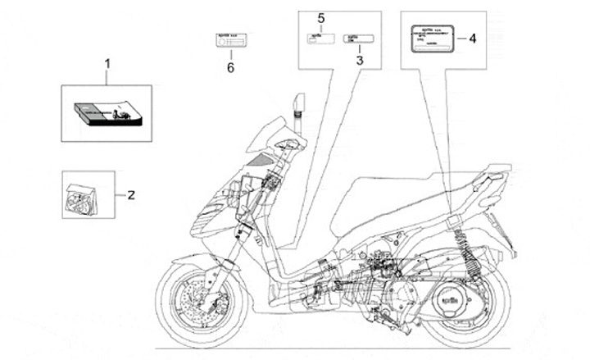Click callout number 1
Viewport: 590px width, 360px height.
(106, 62)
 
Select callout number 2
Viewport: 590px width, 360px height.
(130, 194)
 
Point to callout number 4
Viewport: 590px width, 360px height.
(471, 38)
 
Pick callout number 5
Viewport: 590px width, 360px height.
(321, 17)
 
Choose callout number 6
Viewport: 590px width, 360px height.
(230, 68)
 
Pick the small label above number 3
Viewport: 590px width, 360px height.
(358, 38)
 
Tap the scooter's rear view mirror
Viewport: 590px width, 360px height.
(301, 104)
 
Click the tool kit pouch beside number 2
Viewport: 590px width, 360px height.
(86, 195)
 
